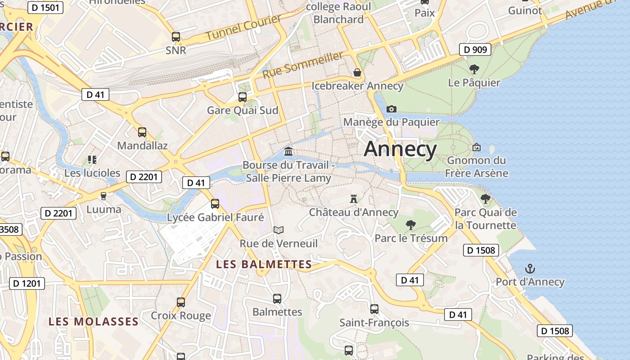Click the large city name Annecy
click(x=400, y=149)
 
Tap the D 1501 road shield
click(x=45, y=8)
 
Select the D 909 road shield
click(x=474, y=49)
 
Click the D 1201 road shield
click(x=27, y=283)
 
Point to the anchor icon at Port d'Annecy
click(x=530, y=269)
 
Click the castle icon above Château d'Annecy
click(x=354, y=198)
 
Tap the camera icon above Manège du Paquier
click(x=391, y=109)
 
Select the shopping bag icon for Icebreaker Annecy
click(x=357, y=72)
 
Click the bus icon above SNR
click(x=175, y=37)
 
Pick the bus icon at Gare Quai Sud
click(x=243, y=97)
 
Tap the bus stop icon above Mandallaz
click(x=142, y=132)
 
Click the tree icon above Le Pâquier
click(x=474, y=69)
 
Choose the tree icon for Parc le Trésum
click(x=410, y=225)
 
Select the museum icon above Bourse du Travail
click(x=288, y=152)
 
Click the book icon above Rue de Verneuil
click(x=279, y=230)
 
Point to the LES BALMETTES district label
click(x=264, y=264)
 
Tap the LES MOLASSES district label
click(x=94, y=321)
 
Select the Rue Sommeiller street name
click(x=302, y=64)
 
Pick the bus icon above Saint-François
click(x=374, y=309)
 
